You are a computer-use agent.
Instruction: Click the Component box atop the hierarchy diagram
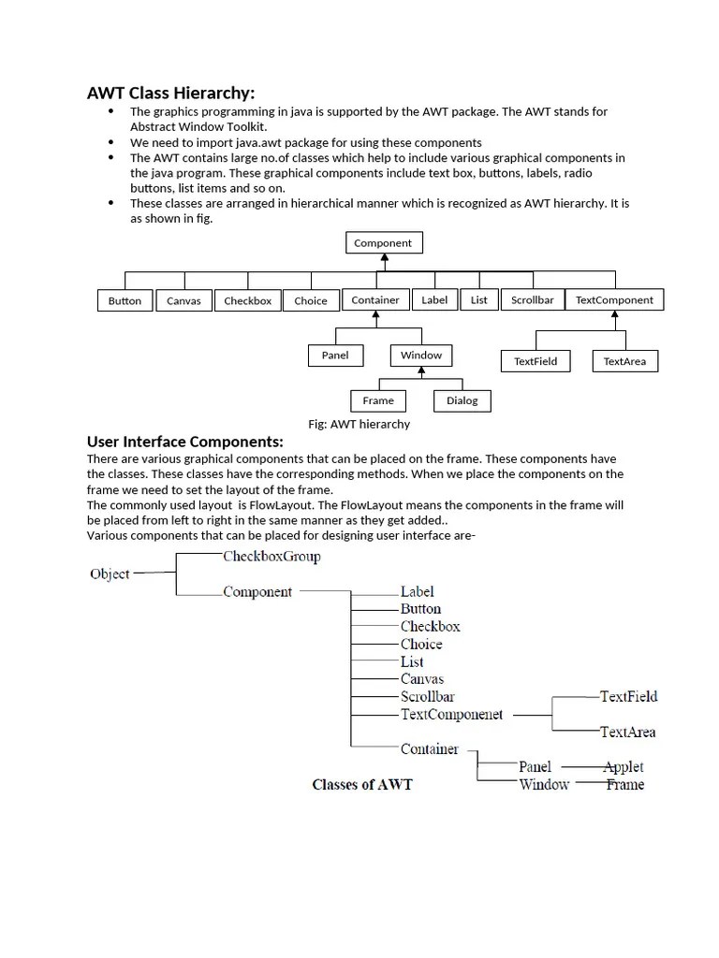tap(383, 243)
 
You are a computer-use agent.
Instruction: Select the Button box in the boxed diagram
tap(125, 300)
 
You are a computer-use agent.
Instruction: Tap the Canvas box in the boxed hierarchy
tap(183, 300)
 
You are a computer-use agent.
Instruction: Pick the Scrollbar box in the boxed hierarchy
tap(532, 300)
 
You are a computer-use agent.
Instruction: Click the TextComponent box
tap(615, 300)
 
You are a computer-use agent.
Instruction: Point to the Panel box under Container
tap(335, 356)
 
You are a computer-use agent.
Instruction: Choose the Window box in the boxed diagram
tap(421, 356)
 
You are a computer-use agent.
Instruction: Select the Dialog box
tap(462, 400)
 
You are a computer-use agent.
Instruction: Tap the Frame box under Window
tap(378, 400)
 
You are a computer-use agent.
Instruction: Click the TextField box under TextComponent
tap(536, 361)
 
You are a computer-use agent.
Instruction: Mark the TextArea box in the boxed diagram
tap(624, 361)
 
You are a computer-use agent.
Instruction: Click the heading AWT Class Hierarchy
tap(170, 93)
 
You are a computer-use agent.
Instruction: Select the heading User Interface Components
tap(184, 442)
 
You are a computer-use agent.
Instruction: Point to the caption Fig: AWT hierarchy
tap(359, 424)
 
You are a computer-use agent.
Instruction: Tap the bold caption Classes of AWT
tap(361, 784)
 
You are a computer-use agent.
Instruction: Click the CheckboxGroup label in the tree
tap(271, 557)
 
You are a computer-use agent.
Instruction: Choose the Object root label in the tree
tap(110, 573)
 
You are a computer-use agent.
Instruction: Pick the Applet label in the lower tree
tap(624, 766)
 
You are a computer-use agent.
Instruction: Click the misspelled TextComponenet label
tap(451, 715)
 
